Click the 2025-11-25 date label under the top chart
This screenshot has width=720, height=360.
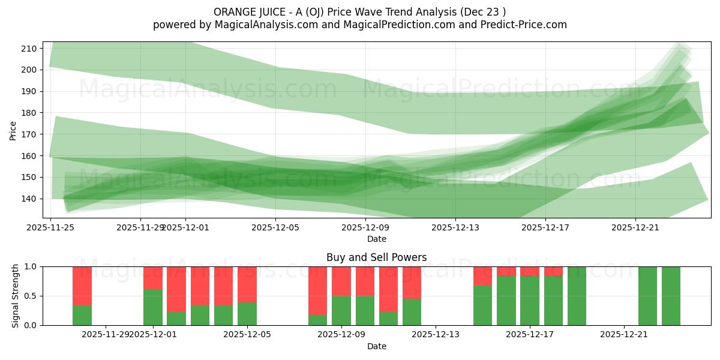point(51,227)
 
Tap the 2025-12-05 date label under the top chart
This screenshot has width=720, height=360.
point(275,227)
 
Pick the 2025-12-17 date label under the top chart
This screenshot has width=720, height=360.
point(545,227)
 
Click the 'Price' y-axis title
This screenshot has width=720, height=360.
point(13,130)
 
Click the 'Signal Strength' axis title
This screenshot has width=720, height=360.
point(16,296)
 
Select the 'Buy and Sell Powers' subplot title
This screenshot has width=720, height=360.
point(376,257)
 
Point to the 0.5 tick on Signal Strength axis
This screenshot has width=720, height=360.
point(32,296)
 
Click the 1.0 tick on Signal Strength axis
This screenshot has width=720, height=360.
point(32,266)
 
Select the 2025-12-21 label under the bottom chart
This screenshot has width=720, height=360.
point(625,335)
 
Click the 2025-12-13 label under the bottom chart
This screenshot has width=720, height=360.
point(436,335)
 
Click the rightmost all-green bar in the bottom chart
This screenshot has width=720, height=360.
point(671,296)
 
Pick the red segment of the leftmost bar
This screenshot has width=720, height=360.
point(82,286)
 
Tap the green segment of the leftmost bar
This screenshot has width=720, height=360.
point(82,316)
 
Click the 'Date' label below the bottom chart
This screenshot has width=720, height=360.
point(376,346)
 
